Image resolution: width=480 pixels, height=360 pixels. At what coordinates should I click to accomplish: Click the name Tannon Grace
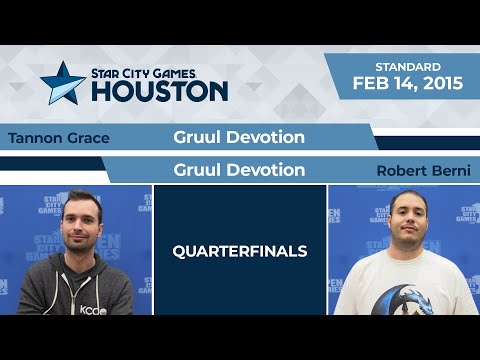57,138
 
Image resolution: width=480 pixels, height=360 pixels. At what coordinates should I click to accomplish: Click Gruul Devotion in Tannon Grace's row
239,138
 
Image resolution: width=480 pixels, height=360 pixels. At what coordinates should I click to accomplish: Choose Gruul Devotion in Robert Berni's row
239,170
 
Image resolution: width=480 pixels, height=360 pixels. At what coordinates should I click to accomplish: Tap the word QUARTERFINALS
239,250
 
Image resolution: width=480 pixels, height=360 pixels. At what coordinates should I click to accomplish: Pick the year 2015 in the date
441,84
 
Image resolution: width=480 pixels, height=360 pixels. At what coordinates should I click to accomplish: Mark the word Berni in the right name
445,170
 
